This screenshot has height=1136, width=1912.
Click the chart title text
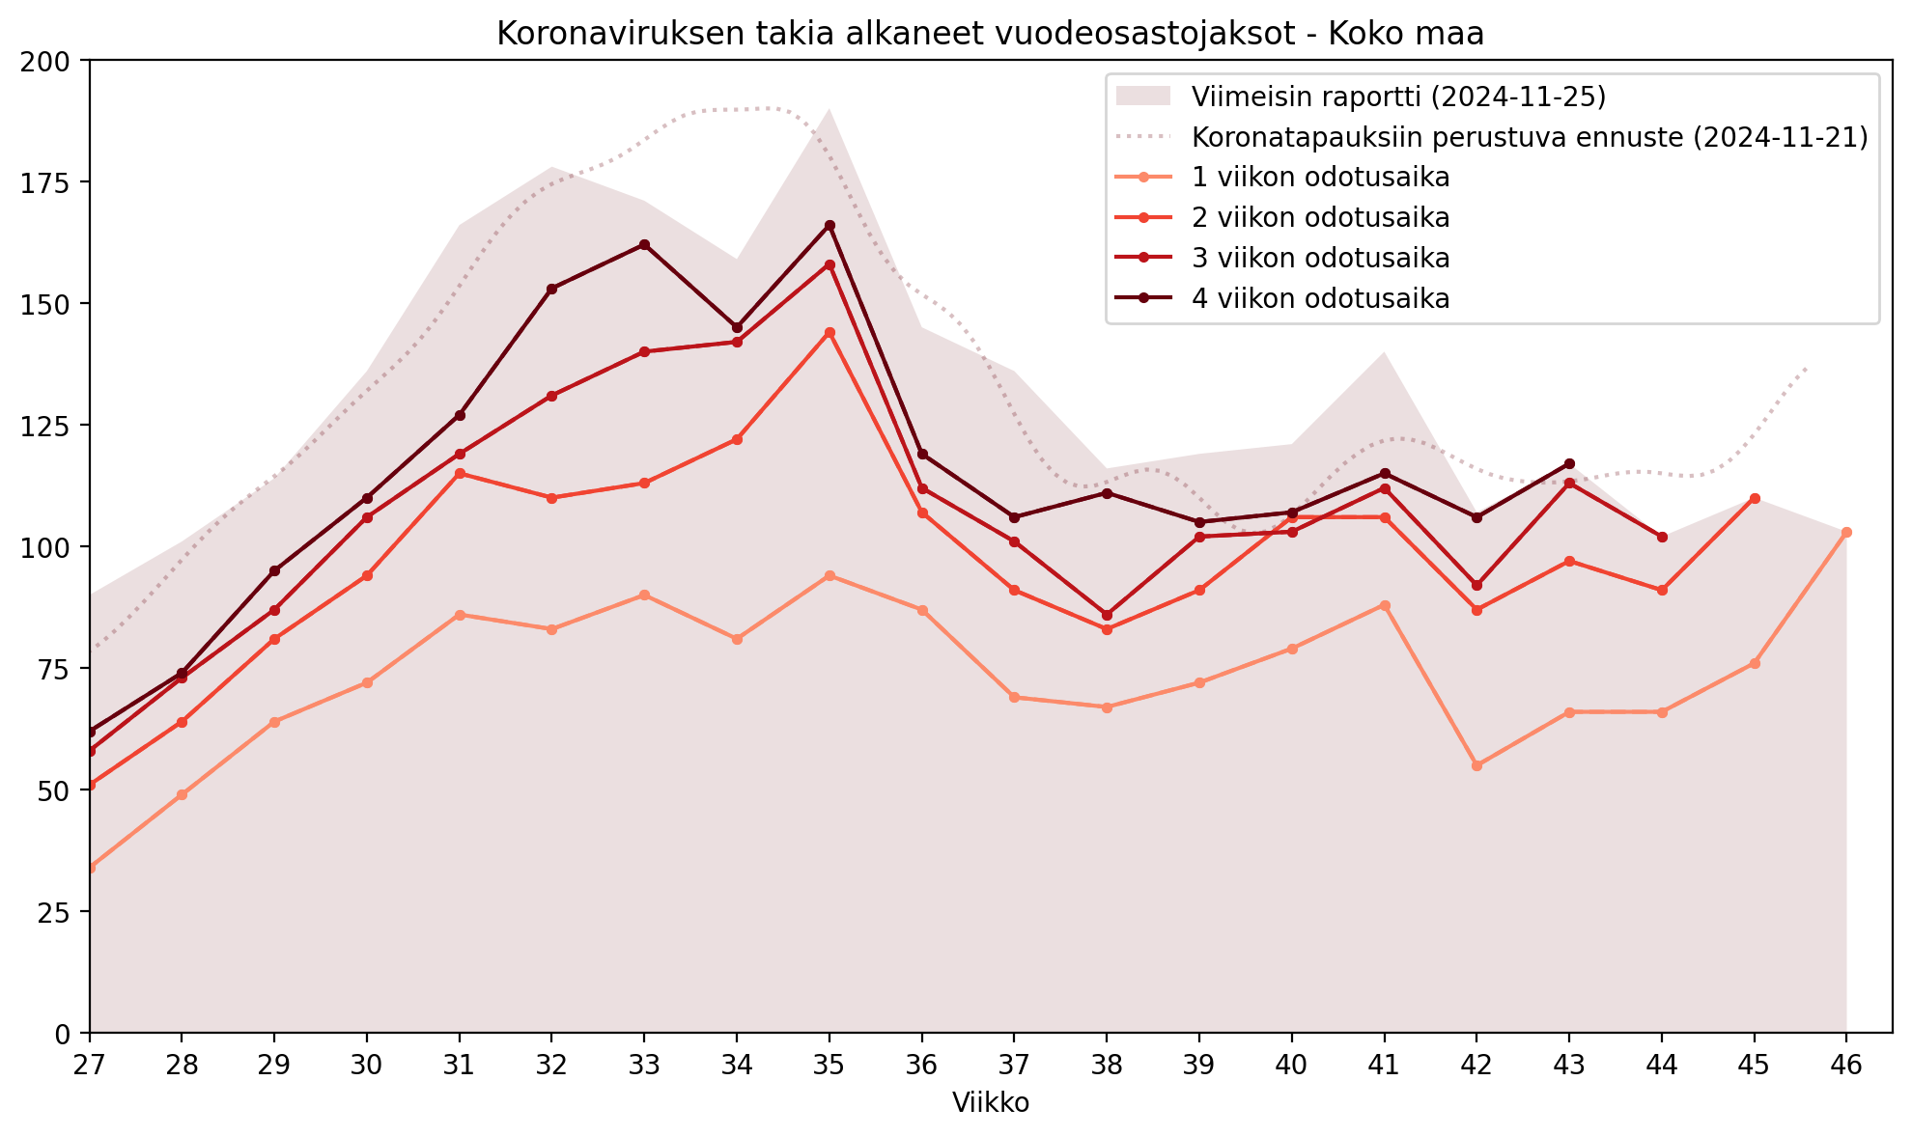tap(990, 34)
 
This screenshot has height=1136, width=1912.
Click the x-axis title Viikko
tap(991, 1103)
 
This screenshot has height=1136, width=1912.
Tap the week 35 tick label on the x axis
tap(829, 1065)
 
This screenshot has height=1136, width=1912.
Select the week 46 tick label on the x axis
tap(1846, 1065)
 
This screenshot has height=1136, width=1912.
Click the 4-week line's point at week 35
tap(829, 226)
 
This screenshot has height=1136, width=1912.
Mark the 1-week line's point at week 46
tap(1846, 532)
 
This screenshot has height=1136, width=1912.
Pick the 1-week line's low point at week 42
tap(1476, 765)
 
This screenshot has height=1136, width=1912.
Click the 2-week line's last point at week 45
tap(1755, 498)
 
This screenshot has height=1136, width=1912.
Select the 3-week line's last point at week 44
tap(1662, 537)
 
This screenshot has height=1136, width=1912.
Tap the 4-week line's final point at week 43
tap(1569, 464)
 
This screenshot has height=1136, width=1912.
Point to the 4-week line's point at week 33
tap(644, 245)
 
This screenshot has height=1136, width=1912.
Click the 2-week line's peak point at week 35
tap(829, 333)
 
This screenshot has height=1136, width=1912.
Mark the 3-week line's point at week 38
tap(1107, 615)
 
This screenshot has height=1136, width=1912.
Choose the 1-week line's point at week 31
tap(460, 615)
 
